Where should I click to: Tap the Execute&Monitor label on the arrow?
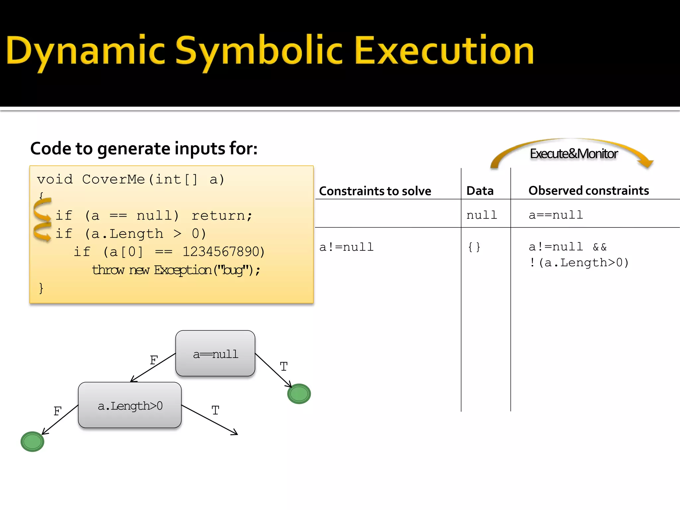click(x=573, y=154)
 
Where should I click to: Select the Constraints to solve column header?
click(x=375, y=191)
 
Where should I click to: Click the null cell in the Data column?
click(x=481, y=215)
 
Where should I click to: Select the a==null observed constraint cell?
click(x=556, y=215)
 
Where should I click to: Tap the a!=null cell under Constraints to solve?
click(x=346, y=247)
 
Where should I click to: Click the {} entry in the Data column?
click(x=474, y=247)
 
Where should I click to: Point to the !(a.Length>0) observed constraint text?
click(x=578, y=263)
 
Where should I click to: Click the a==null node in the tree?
click(x=215, y=354)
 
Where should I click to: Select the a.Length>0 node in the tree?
click(x=130, y=405)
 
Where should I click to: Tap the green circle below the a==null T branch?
click(x=299, y=394)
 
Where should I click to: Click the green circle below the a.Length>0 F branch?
click(x=32, y=442)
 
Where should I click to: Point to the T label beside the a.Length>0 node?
click(x=215, y=411)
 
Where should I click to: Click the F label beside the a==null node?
click(x=154, y=360)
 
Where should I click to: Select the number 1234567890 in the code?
click(x=223, y=252)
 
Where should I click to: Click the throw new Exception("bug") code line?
click(x=176, y=270)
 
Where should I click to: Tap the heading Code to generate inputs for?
click(x=144, y=148)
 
